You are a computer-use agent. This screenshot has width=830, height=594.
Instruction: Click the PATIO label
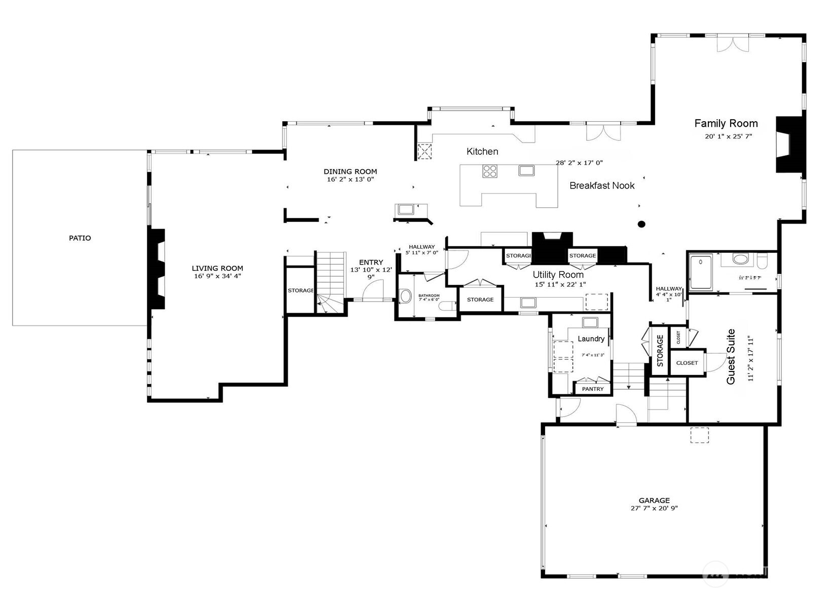click(80, 238)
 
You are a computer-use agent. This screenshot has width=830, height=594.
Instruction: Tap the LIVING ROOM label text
click(217, 268)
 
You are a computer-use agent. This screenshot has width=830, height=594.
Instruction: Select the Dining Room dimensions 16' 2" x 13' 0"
click(350, 179)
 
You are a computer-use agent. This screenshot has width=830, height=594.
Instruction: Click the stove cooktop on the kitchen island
click(490, 171)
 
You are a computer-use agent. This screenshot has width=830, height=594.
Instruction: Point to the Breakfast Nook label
click(602, 185)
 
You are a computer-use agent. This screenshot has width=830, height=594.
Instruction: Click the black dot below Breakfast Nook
click(641, 224)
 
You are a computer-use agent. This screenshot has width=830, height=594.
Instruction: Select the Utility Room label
click(558, 275)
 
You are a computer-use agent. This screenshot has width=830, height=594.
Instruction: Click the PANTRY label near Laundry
click(593, 389)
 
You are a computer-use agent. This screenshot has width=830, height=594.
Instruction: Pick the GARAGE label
click(654, 500)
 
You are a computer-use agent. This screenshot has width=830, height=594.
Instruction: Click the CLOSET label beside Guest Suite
click(687, 363)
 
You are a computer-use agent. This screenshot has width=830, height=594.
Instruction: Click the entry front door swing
click(374, 291)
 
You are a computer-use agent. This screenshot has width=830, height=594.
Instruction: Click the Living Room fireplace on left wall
click(157, 269)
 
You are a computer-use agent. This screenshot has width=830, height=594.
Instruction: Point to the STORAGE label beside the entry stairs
click(301, 290)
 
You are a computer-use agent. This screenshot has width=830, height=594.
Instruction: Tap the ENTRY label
click(371, 262)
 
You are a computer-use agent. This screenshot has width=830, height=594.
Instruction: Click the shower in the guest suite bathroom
click(701, 272)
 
